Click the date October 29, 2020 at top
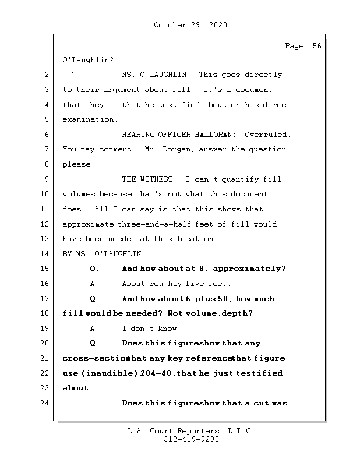point(190,25)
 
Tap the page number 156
point(314,46)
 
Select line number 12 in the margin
point(45,224)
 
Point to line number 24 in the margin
point(45,403)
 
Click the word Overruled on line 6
point(267,135)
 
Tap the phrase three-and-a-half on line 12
point(147,224)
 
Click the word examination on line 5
point(89,119)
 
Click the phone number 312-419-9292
point(191,440)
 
